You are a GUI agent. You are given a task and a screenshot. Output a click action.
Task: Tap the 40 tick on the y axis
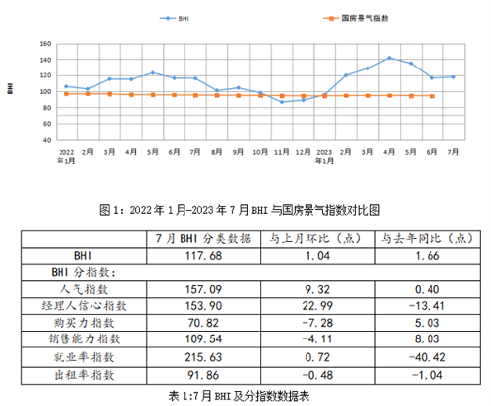pyautogui.click(x=44, y=140)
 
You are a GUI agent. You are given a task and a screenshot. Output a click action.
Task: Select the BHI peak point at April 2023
pyautogui.click(x=390, y=58)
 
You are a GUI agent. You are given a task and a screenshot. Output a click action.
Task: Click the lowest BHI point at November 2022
pyautogui.click(x=282, y=102)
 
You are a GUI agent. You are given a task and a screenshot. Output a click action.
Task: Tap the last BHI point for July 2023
pyautogui.click(x=454, y=77)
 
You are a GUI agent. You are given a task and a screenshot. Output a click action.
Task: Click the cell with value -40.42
pyautogui.click(x=429, y=357)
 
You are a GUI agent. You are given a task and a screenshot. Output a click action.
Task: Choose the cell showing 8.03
pyautogui.click(x=429, y=339)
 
